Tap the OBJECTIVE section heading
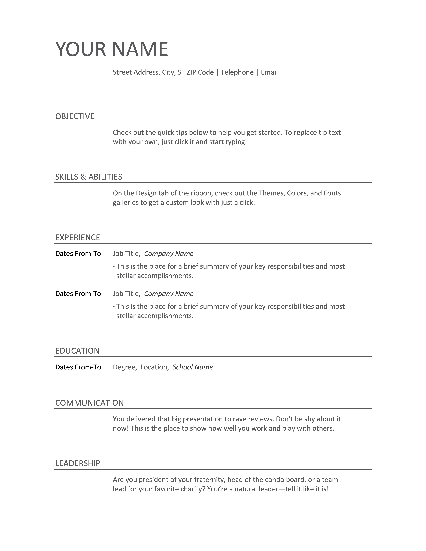tap(75, 116)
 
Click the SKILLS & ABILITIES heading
tap(89, 177)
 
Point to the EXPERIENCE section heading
tap(78, 237)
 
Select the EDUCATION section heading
tap(77, 351)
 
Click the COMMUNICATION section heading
tap(89, 403)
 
